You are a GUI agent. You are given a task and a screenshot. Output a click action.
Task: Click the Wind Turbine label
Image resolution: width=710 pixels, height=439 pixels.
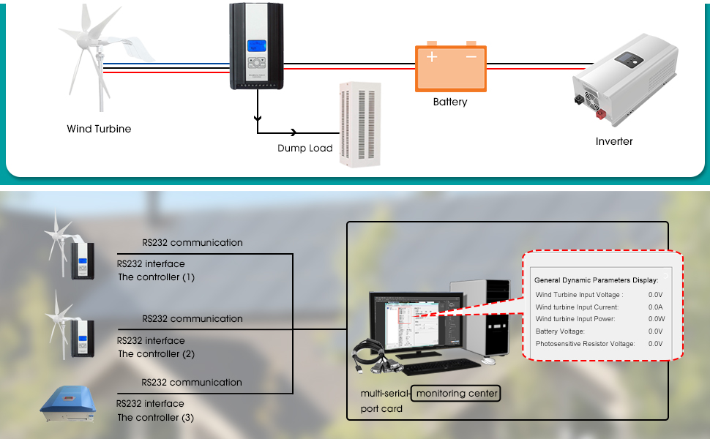(x=99, y=130)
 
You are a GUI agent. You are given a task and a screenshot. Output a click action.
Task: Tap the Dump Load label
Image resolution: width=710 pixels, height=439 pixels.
(x=304, y=149)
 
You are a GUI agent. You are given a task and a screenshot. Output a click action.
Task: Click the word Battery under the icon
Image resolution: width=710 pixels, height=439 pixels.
(x=450, y=102)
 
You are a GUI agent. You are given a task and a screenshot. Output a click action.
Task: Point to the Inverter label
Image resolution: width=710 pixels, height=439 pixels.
(x=614, y=141)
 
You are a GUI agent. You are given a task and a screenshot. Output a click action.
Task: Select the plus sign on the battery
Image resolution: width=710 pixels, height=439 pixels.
(x=433, y=56)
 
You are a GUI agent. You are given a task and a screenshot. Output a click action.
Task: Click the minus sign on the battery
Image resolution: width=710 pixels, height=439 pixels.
(x=471, y=56)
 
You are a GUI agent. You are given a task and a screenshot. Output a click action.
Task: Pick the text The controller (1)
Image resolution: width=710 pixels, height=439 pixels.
(x=156, y=277)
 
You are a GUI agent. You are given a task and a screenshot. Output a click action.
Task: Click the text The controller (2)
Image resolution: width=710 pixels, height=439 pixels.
(x=156, y=354)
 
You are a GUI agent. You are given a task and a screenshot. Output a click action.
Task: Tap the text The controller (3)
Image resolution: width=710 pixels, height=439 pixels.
(x=156, y=418)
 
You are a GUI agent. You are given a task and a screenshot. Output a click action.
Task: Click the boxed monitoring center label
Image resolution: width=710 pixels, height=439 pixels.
(x=457, y=394)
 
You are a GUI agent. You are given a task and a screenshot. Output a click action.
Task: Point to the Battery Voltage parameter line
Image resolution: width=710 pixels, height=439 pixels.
(x=560, y=331)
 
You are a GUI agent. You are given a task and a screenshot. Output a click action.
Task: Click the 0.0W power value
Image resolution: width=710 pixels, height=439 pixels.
(x=655, y=319)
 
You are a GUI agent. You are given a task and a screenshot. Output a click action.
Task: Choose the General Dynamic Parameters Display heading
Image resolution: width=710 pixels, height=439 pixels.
(x=596, y=279)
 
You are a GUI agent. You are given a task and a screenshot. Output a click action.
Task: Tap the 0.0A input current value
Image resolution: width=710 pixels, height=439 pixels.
(x=655, y=307)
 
